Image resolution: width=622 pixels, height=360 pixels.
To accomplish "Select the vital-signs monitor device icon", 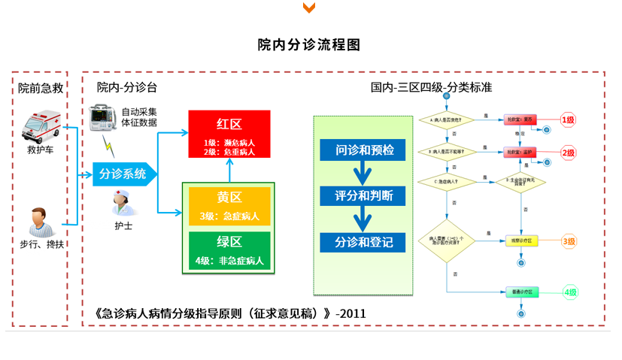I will (x=103, y=116).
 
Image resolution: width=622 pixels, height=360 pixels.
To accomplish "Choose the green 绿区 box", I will (x=229, y=251).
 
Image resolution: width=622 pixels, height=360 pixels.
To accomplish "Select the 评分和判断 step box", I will (x=363, y=196).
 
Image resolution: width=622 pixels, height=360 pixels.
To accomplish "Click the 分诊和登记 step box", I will (x=363, y=243).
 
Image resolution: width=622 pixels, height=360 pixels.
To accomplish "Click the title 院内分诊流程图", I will (x=308, y=44).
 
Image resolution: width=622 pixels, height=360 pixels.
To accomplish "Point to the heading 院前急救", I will (x=41, y=88).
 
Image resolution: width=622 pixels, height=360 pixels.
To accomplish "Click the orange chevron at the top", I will (x=308, y=8).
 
